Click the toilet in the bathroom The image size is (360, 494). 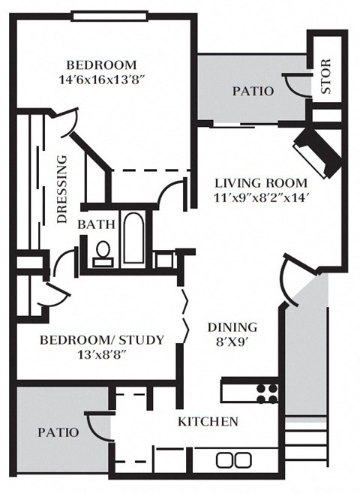click(102, 252)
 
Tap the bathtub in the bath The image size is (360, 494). click(133, 239)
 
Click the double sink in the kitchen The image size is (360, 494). click(233, 459)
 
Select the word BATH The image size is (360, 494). click(95, 224)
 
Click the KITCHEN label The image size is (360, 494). click(208, 421)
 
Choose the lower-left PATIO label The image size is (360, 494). click(58, 432)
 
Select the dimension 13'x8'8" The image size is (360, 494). click(100, 354)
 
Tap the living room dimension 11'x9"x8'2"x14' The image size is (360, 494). click(261, 198)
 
